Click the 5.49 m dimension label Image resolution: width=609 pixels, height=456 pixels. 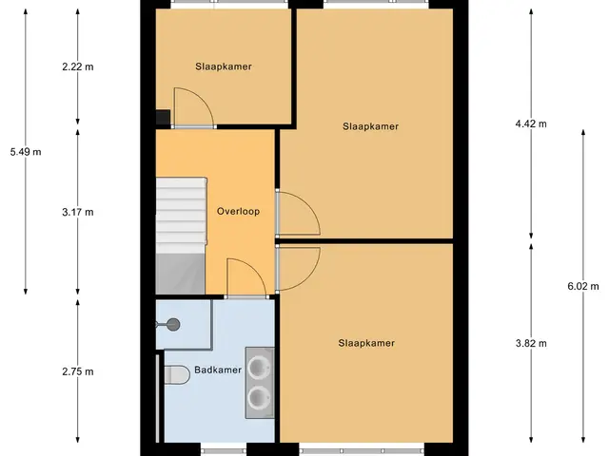click(x=26, y=152)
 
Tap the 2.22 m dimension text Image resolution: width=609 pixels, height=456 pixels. click(x=78, y=66)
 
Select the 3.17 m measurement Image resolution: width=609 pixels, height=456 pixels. click(x=78, y=212)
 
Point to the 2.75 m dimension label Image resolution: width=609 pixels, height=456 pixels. click(x=78, y=371)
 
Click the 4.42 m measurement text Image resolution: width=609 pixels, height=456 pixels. click(x=531, y=123)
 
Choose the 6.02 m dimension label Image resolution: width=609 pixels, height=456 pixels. click(x=583, y=286)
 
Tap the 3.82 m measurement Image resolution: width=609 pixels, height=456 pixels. click(x=531, y=343)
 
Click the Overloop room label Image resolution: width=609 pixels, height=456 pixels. click(x=238, y=211)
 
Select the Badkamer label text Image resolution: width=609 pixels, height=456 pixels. click(x=218, y=370)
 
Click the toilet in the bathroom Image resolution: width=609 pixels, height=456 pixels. click(x=176, y=374)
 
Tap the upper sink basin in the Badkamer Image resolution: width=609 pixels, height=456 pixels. click(x=258, y=367)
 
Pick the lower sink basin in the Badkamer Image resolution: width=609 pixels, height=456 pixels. click(x=258, y=398)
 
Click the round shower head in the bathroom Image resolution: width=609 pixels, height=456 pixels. click(x=173, y=325)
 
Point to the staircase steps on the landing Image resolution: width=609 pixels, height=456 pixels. click(x=181, y=216)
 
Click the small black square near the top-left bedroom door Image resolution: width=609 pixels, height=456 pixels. click(x=163, y=117)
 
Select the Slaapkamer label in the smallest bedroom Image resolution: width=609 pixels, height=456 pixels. click(x=224, y=66)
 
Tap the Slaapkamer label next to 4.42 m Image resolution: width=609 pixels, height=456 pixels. click(x=370, y=126)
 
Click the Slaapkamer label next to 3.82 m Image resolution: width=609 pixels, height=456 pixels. click(x=366, y=343)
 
